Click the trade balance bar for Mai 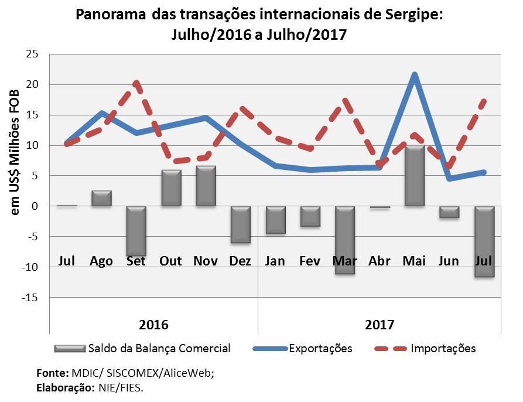(414, 175)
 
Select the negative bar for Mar (345, 240)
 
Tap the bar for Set (136, 231)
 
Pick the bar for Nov (206, 186)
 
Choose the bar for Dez (240, 224)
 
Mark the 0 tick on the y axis (35, 206)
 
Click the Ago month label (101, 261)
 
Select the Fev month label (310, 261)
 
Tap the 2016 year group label (153, 325)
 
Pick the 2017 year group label (379, 325)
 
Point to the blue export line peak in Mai (415, 75)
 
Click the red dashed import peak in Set (136, 83)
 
